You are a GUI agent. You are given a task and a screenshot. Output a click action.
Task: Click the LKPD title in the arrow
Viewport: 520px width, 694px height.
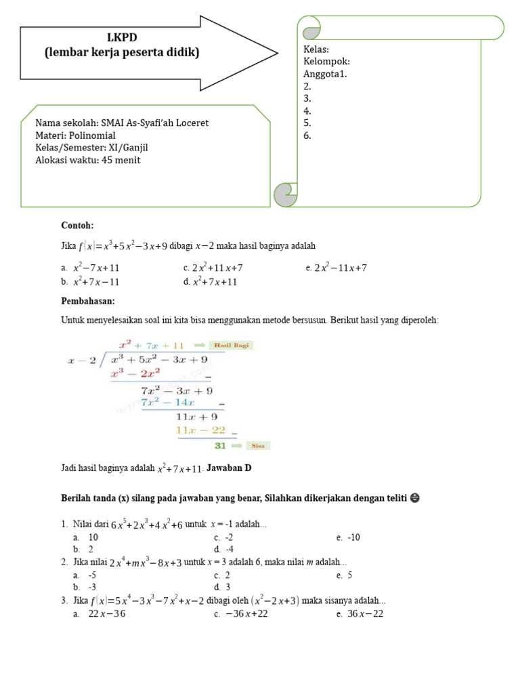[x=122, y=37]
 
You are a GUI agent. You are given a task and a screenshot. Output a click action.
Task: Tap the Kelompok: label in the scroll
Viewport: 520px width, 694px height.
[x=327, y=62]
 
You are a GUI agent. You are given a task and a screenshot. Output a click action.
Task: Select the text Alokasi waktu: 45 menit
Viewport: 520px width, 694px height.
[x=88, y=160]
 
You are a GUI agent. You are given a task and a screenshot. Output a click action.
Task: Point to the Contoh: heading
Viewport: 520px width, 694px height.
[x=77, y=225]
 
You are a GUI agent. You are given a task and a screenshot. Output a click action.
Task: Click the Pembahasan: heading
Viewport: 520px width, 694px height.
[x=88, y=300]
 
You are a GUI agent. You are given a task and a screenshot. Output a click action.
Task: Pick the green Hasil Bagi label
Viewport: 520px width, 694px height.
[x=232, y=345]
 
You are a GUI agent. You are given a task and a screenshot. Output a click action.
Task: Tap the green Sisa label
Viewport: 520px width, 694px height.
[x=257, y=446]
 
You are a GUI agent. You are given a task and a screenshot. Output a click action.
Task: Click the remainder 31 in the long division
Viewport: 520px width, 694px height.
[x=220, y=446]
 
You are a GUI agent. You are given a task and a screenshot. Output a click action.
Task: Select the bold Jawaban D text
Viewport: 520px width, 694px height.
[x=229, y=468]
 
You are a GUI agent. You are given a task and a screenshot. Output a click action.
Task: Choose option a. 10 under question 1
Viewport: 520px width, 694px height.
[x=86, y=537]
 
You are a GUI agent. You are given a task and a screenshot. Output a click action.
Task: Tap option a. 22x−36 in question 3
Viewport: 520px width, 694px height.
[x=100, y=614]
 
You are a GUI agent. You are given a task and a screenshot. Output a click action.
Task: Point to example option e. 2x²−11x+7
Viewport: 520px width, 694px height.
[x=337, y=268]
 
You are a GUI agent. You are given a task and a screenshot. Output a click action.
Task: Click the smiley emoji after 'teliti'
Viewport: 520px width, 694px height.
[x=415, y=498]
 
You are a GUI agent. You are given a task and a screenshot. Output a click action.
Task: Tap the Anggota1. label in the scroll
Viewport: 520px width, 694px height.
[x=326, y=74]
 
